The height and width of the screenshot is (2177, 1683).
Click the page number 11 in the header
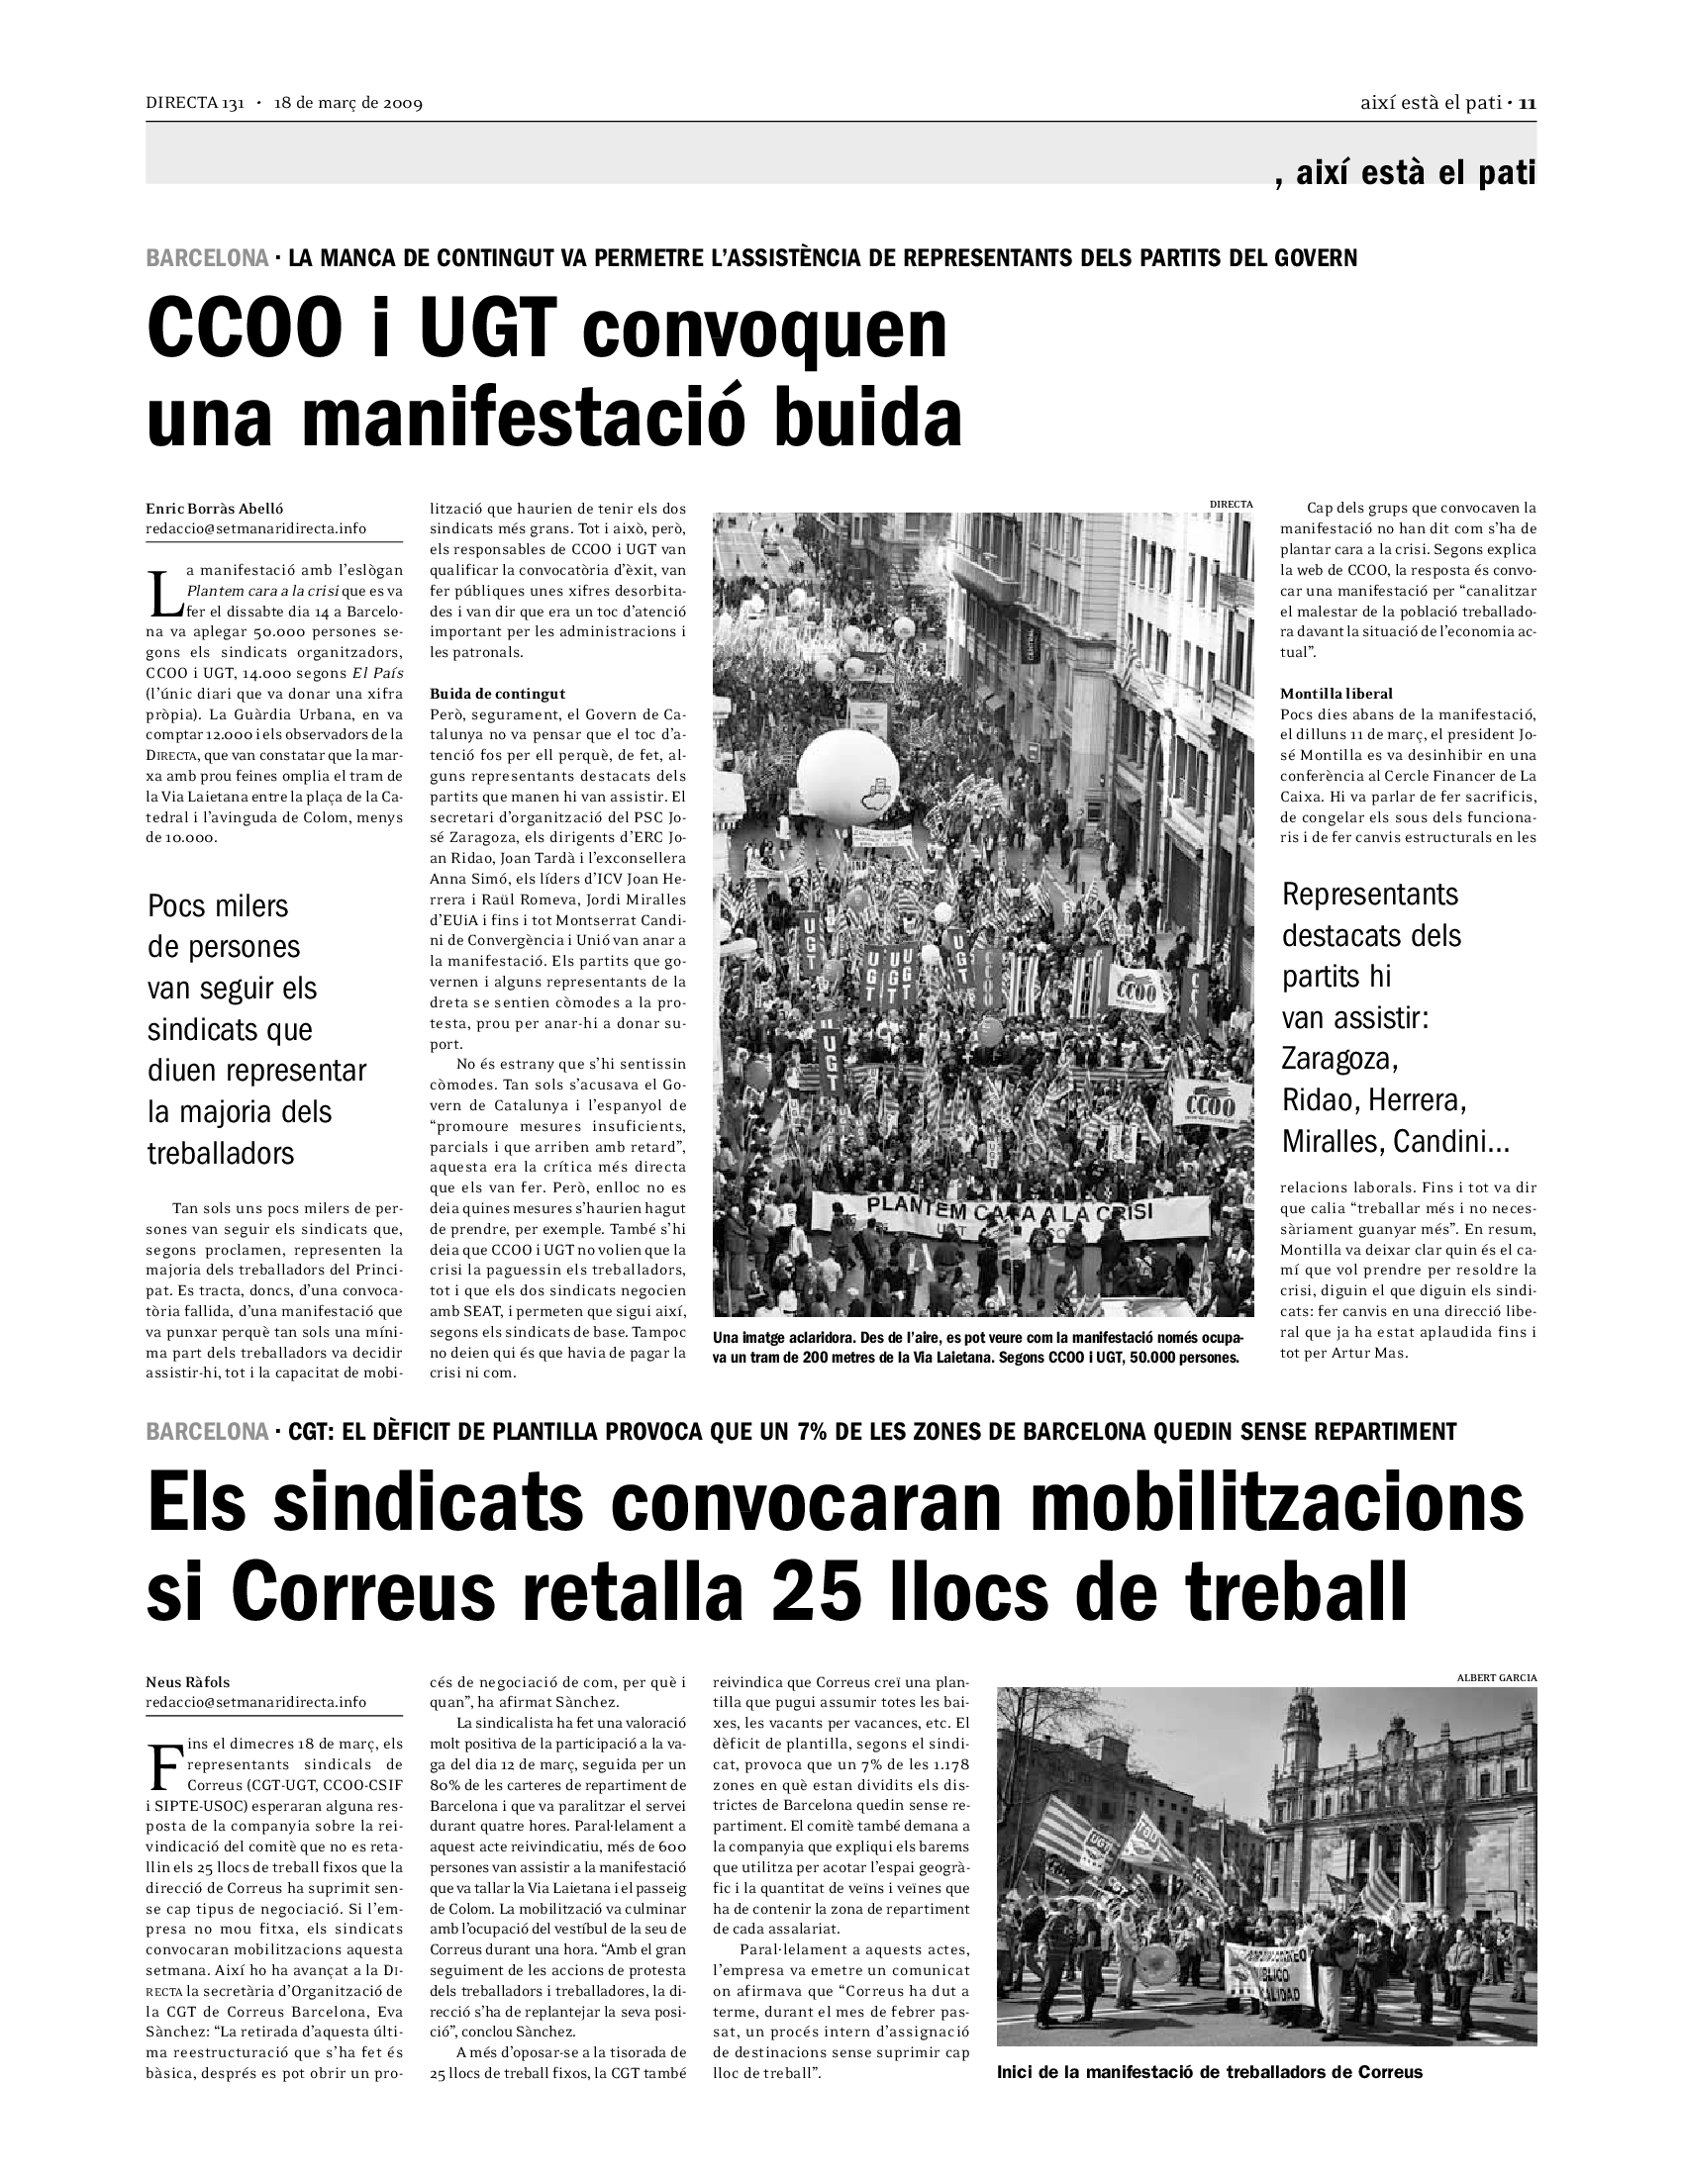coord(1528,103)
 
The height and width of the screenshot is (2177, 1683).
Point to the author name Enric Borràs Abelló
coord(207,509)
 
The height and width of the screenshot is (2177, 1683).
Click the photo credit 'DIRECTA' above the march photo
coord(1231,505)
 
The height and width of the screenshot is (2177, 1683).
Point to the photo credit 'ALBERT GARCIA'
coord(1497,1677)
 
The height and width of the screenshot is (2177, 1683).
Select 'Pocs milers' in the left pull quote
coord(218,906)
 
